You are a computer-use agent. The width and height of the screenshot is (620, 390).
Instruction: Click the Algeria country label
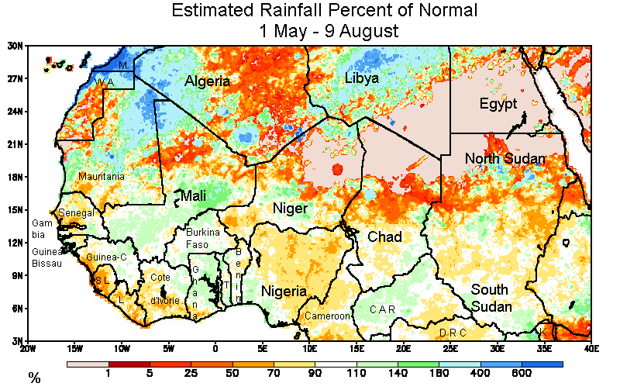207,81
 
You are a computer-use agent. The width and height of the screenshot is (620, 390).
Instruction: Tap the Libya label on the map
361,79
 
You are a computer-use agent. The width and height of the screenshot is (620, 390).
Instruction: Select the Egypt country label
498,105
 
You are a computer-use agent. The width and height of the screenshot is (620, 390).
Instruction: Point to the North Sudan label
505,159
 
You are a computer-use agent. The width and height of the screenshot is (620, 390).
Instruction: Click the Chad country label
384,236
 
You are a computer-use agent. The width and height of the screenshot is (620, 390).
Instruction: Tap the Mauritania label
101,177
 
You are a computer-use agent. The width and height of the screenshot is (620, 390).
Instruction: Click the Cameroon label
328,316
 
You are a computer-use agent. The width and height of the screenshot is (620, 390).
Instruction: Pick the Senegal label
76,213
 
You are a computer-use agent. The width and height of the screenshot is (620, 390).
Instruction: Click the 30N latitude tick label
15,46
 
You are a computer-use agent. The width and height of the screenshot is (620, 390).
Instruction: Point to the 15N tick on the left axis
15,209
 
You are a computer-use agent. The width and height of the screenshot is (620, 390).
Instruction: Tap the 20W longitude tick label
28,348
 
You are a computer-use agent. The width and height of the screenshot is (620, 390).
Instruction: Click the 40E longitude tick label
591,348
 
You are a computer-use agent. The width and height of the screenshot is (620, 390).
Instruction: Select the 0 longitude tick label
215,348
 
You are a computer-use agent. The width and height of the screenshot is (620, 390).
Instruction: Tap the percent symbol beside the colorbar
34,378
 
